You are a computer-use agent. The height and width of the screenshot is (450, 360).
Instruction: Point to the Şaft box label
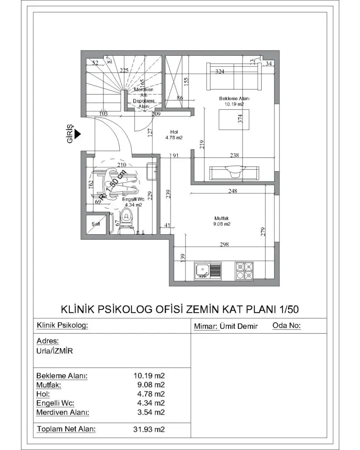(95, 224)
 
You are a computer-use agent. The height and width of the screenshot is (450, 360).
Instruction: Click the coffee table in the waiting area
(234, 120)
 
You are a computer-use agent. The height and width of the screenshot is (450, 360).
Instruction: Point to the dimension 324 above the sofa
(220, 72)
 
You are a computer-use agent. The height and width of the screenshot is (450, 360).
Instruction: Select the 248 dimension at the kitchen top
(233, 191)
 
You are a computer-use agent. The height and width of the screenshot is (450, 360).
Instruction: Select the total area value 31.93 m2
(149, 429)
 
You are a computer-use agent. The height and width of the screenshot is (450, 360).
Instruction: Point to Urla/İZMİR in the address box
(55, 352)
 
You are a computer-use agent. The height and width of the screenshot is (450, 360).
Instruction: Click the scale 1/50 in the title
(289, 309)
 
